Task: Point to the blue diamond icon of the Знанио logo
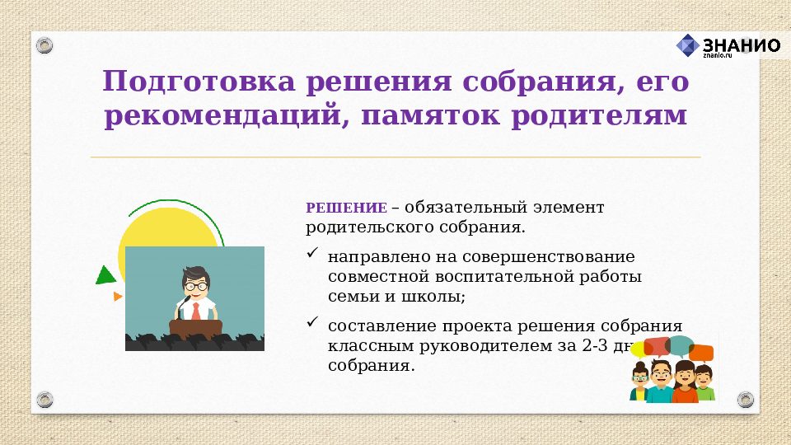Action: [687, 44]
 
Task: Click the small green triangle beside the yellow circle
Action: [105, 275]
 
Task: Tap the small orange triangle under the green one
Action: [118, 296]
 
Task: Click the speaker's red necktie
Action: [195, 311]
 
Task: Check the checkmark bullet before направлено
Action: [312, 254]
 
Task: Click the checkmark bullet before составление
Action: [312, 322]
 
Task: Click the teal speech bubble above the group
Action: [680, 344]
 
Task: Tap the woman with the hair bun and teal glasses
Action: [640, 381]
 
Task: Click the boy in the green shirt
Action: [704, 383]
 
